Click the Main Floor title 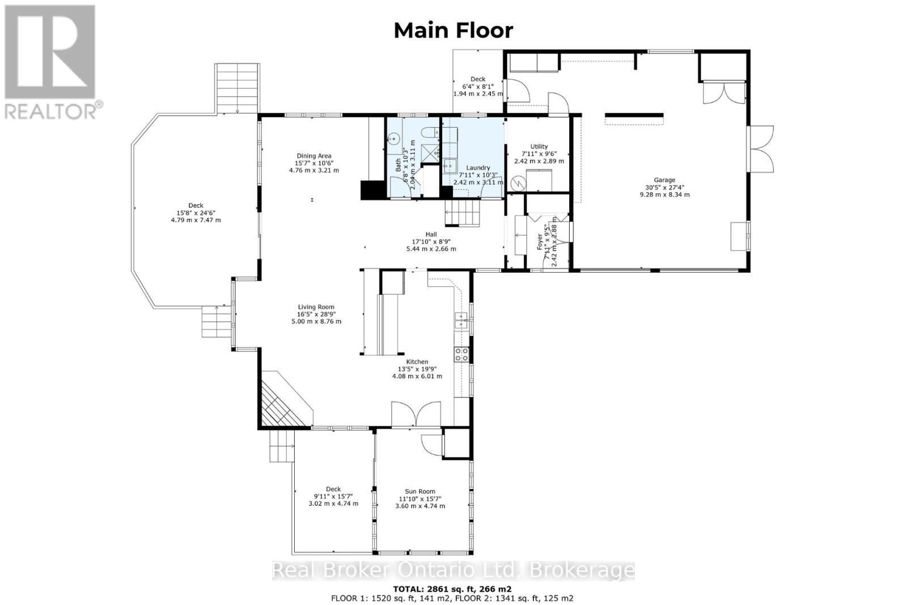click(x=453, y=30)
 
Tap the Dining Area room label click(x=313, y=156)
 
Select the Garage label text click(x=664, y=180)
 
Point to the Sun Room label click(x=419, y=492)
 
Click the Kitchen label click(x=417, y=362)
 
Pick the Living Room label click(x=316, y=307)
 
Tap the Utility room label click(x=539, y=146)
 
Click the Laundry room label click(x=477, y=168)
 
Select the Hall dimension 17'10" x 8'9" click(x=431, y=242)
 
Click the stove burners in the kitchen click(x=461, y=354)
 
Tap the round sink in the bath click(x=392, y=138)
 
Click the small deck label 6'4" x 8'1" click(x=477, y=87)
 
